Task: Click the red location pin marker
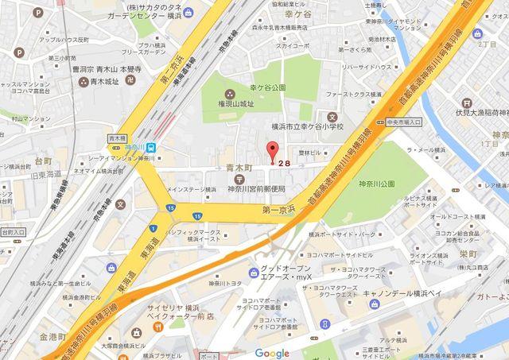point(273,149)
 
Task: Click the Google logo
point(272,354)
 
